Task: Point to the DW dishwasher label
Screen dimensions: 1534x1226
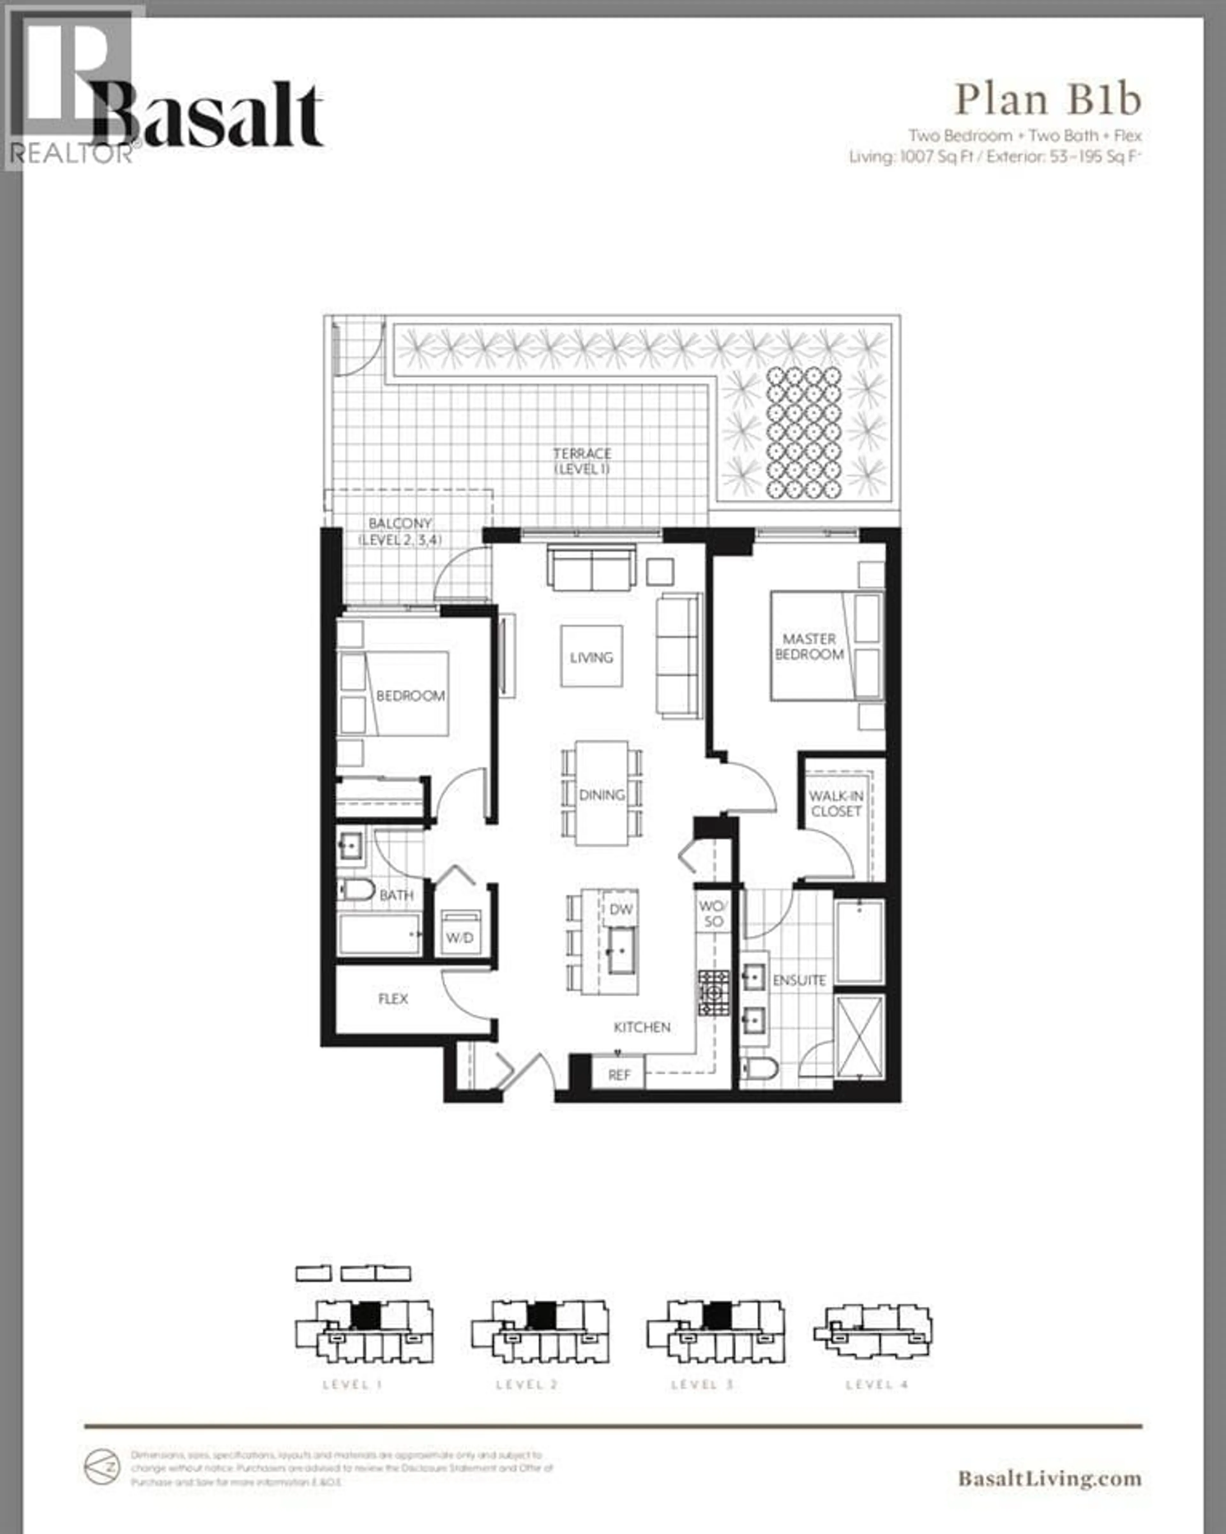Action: [620, 909]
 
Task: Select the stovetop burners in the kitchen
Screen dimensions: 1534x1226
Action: [713, 992]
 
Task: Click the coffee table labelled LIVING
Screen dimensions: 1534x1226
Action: [591, 656]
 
